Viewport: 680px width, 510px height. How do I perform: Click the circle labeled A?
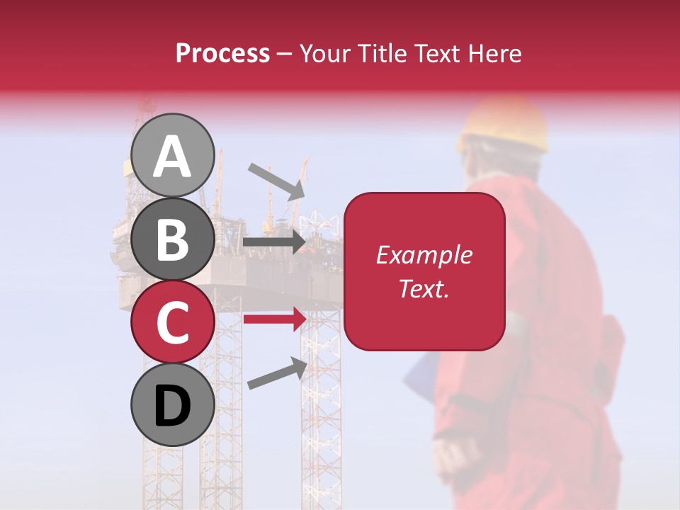pyautogui.click(x=172, y=155)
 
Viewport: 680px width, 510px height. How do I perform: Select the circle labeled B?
pyautogui.click(x=172, y=239)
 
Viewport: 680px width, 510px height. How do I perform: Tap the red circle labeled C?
pyautogui.click(x=172, y=322)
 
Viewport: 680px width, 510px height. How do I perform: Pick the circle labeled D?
pyautogui.click(x=172, y=404)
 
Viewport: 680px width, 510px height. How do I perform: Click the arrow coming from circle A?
pyautogui.click(x=276, y=181)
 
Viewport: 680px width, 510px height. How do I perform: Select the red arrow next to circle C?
pyautogui.click(x=274, y=319)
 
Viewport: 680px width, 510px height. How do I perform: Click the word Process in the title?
pyautogui.click(x=222, y=54)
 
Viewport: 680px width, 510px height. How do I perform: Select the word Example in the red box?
pyautogui.click(x=424, y=255)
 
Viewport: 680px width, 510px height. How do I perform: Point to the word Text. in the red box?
pyautogui.click(x=424, y=288)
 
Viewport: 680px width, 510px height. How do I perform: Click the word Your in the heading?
pyautogui.click(x=325, y=54)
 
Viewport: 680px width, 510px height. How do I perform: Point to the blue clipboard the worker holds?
pyautogui.click(x=423, y=375)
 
